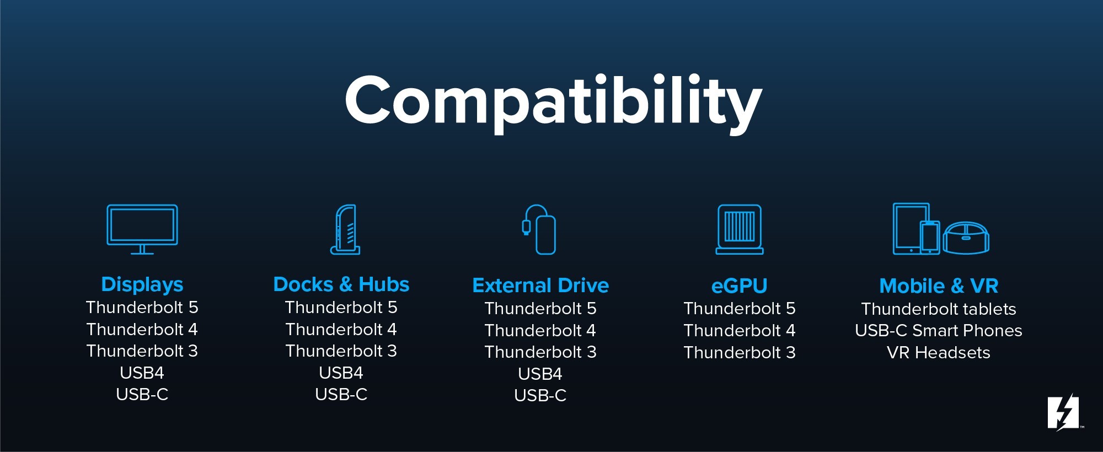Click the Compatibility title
coord(553,104)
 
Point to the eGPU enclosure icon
coord(740,207)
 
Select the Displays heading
coord(142,284)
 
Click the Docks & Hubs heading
coord(341,284)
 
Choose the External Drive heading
coord(540,286)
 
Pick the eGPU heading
coord(740,286)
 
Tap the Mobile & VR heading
coord(939,286)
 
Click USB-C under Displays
coord(142,395)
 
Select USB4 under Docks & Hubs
coord(341,373)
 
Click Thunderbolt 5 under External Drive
coord(540,309)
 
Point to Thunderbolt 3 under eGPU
coord(740,353)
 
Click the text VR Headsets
coord(939,353)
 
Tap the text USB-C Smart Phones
coord(939,331)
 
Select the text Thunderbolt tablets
coord(939,309)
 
